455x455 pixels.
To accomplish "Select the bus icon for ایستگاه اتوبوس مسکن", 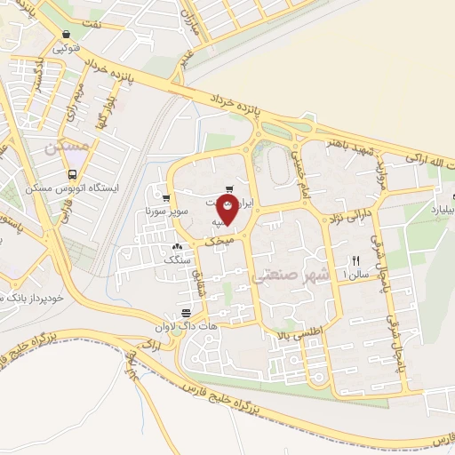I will coord(72,174).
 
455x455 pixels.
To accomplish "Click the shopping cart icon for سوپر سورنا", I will coord(166,198).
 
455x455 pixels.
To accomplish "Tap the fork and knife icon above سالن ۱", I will coord(355,260).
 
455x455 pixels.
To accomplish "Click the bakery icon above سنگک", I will coord(176,247).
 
